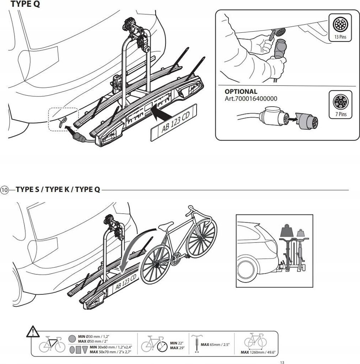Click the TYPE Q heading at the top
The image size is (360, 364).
tap(25, 4)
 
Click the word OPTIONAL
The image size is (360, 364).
tap(241, 91)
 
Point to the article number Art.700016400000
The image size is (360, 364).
tap(251, 98)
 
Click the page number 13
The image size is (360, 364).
tap(282, 362)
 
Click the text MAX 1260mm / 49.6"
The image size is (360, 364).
tap(258, 352)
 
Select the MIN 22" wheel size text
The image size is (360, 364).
tap(174, 343)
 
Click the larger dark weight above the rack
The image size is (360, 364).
tap(286, 231)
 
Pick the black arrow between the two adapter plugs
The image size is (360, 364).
tap(290, 121)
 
